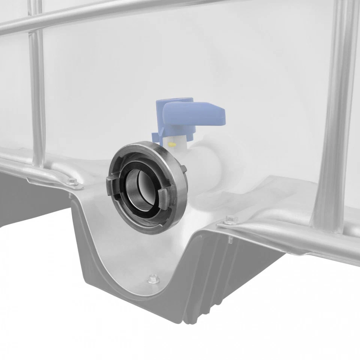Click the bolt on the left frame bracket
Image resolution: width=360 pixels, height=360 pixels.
click(73, 182)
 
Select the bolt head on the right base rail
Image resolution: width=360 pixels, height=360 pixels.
click(230, 219)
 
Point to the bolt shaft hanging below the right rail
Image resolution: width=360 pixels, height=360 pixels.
click(229, 240)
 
